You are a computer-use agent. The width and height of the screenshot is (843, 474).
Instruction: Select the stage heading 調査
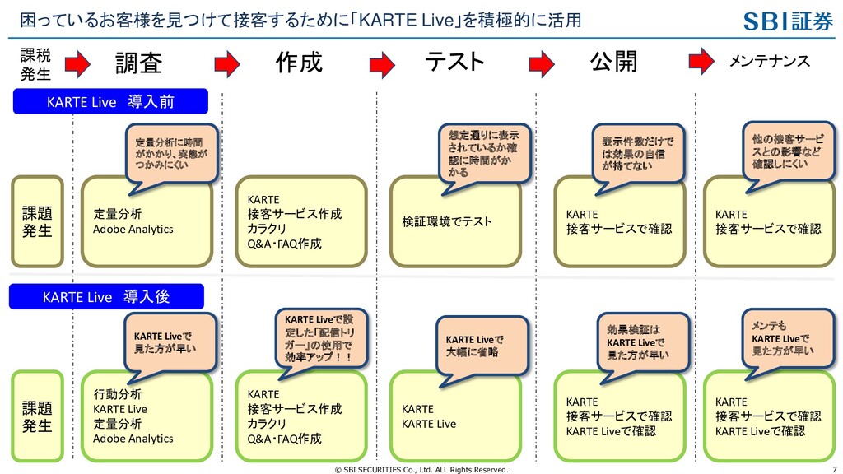pyautogui.click(x=138, y=63)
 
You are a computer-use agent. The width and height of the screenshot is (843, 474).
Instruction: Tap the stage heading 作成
pyautogui.click(x=299, y=63)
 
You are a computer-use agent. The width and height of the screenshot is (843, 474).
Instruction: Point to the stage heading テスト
pyautogui.click(x=454, y=63)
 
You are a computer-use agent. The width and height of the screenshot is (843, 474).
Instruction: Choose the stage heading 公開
pyautogui.click(x=613, y=63)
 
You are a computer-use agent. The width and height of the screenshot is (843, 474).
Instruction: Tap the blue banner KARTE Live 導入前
pyautogui.click(x=110, y=102)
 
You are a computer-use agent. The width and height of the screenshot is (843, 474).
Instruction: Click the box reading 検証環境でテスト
pyautogui.click(x=455, y=222)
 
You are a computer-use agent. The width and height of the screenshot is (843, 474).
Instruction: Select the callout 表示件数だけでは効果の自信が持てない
pyautogui.click(x=638, y=152)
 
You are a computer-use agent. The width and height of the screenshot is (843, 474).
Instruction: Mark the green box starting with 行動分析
pyautogui.click(x=147, y=416)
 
